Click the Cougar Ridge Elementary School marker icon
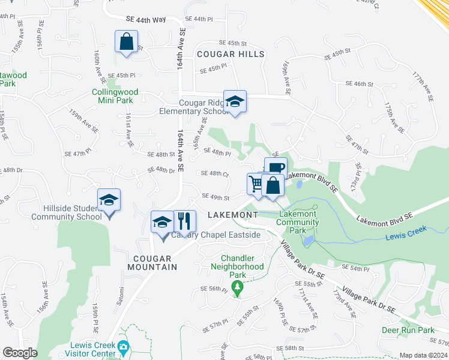235,101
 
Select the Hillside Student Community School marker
109,200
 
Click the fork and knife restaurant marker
185,221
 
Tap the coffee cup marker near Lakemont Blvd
276,168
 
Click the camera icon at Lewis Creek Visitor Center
124,346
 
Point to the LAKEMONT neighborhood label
232,215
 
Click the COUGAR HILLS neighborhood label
231,54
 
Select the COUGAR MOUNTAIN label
152,262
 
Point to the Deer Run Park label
408,330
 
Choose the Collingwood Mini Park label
115,96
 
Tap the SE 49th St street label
215,196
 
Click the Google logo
20,353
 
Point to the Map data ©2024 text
423,355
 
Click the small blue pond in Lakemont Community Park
308,240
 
